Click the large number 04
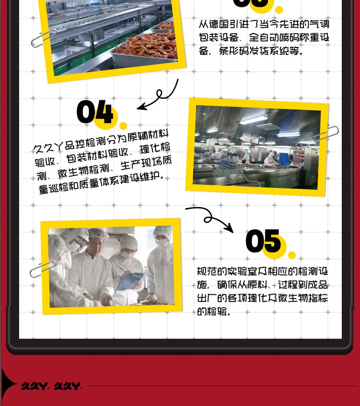(95, 112)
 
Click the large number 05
(263, 241)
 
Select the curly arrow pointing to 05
(210, 218)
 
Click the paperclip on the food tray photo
(44, 38)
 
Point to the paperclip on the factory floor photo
(325, 134)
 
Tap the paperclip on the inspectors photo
(43, 269)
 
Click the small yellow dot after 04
(123, 126)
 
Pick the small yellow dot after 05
(292, 255)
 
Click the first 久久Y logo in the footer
(34, 386)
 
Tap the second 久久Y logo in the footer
(67, 386)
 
